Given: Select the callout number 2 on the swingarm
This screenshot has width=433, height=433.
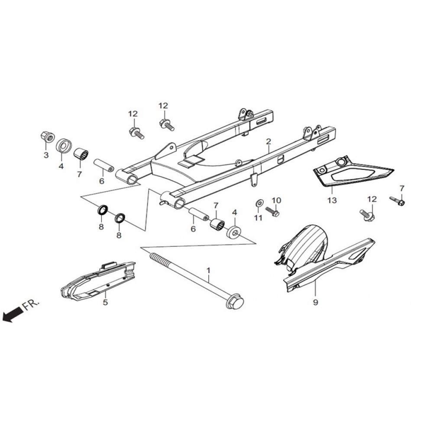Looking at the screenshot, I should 268,142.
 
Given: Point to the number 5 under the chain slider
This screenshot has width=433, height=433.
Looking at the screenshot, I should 105,302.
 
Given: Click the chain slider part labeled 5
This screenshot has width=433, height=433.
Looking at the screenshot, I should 97,281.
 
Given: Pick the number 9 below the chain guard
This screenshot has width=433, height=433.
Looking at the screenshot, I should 315,302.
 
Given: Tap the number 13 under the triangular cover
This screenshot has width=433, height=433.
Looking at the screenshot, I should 332,200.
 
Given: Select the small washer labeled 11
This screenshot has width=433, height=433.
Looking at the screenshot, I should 259,203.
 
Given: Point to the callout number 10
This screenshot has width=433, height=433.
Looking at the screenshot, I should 276,200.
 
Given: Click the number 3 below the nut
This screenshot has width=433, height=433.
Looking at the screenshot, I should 46,155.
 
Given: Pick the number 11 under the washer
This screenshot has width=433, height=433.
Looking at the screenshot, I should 258,218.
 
